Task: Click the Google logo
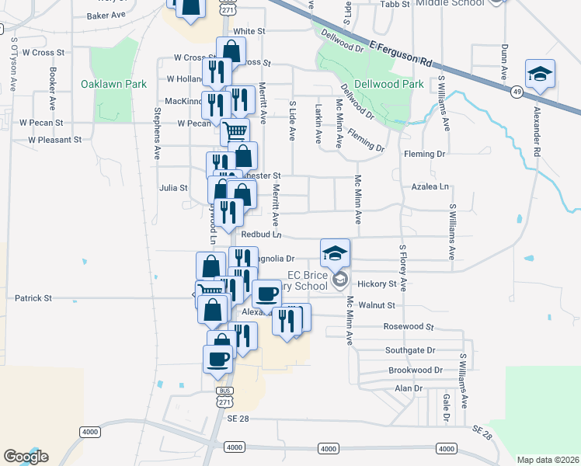[x=26, y=456]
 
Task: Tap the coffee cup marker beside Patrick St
[x=266, y=294]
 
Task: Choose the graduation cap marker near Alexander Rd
[x=539, y=74]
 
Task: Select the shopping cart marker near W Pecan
[x=235, y=130]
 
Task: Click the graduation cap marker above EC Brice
[x=335, y=252]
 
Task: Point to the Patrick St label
[x=33, y=297]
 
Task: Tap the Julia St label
[x=173, y=187]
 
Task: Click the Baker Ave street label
[x=106, y=15]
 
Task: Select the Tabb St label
[x=395, y=4]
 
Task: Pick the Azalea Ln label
[x=433, y=187]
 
